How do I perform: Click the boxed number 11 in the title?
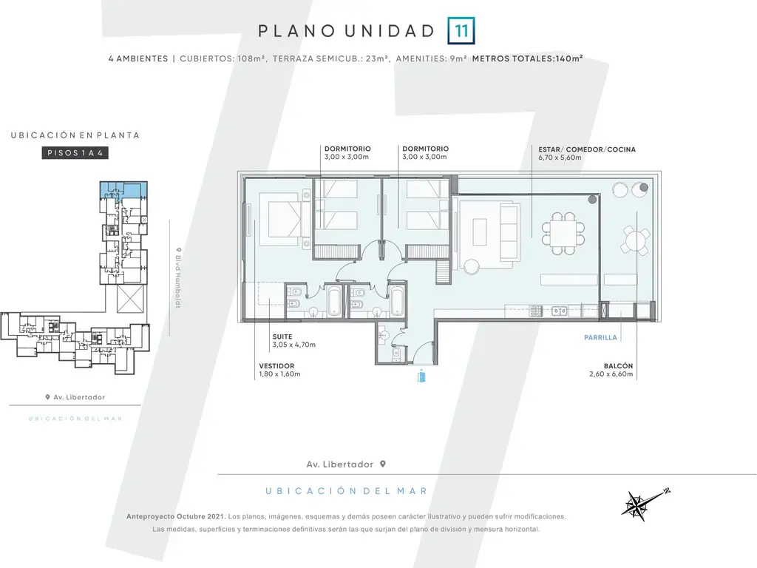click(x=461, y=31)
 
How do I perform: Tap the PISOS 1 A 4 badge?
click(x=75, y=153)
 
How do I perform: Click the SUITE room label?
click(x=282, y=337)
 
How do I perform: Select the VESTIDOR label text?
click(x=276, y=366)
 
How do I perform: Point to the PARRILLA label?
click(x=600, y=337)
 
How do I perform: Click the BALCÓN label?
click(x=618, y=366)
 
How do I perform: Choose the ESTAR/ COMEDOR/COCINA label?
click(x=587, y=149)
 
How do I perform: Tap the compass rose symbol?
click(x=645, y=504)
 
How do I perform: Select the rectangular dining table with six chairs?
click(x=563, y=233)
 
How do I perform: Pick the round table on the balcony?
click(x=635, y=240)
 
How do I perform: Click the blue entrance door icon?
click(x=421, y=376)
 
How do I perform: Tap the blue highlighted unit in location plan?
click(x=123, y=190)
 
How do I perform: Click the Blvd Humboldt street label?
click(x=177, y=278)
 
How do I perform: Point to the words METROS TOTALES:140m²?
click(x=527, y=58)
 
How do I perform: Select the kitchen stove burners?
click(x=537, y=311)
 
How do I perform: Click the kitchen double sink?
click(x=560, y=311)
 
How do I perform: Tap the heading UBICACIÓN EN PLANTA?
click(x=75, y=135)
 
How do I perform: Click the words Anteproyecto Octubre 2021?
click(x=176, y=516)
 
